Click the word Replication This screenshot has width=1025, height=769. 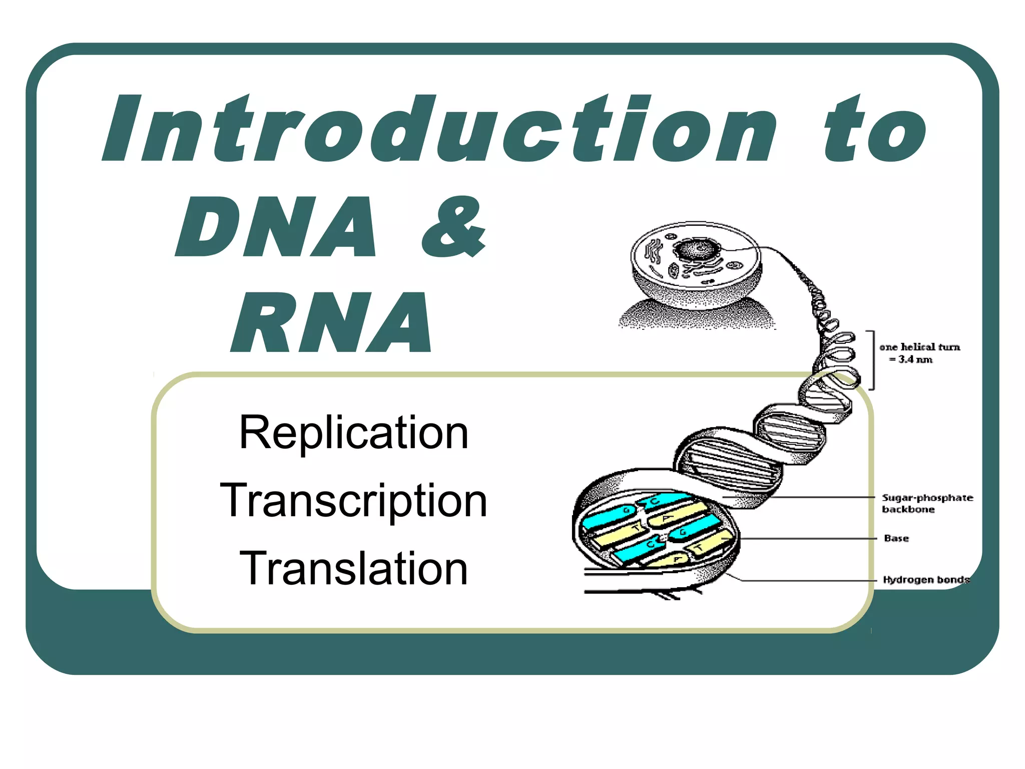tap(354, 433)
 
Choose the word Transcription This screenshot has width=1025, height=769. tap(354, 500)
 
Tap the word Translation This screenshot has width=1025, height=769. tap(354, 568)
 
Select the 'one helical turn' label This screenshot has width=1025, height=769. tap(920, 347)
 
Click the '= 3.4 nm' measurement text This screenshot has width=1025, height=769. tap(911, 359)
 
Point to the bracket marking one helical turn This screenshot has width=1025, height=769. tap(872, 359)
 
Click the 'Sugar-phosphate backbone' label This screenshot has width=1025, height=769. tap(927, 503)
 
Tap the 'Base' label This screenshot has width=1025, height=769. tap(896, 538)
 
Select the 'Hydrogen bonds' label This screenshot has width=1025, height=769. tap(926, 580)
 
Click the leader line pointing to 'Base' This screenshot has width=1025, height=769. tap(811, 539)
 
